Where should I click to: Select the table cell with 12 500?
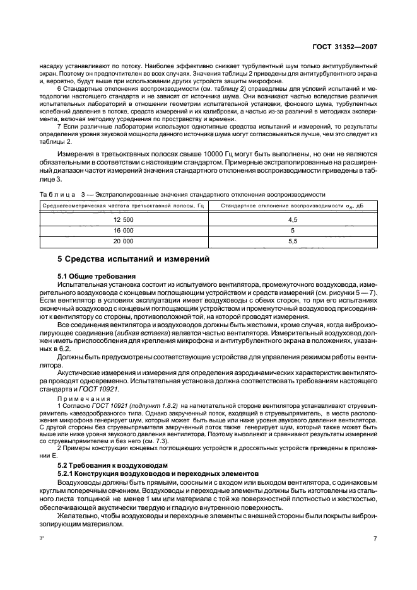pyautogui.click(x=123, y=219)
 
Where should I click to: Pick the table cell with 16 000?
pyautogui.click(x=123, y=230)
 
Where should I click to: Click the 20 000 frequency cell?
pyautogui.click(x=123, y=241)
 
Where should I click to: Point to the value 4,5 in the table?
pyautogui.click(x=292, y=219)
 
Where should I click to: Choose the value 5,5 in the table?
pyautogui.click(x=292, y=241)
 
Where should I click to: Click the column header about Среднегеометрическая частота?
pyautogui.click(x=123, y=205)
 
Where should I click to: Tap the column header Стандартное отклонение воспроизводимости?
pyautogui.click(x=292, y=205)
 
